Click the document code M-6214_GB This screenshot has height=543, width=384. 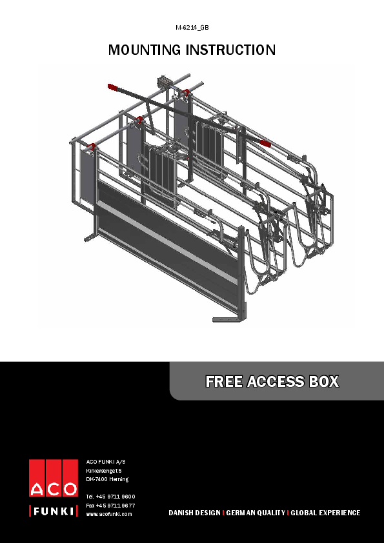pyautogui.click(x=192, y=28)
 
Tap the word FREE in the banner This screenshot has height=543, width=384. pyautogui.click(x=224, y=382)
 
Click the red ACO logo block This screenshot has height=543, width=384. pyautogui.click(x=54, y=478)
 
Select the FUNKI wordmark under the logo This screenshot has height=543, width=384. pyautogui.click(x=54, y=512)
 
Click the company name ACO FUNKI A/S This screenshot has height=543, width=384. pyautogui.click(x=106, y=461)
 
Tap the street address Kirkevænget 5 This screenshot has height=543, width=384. pyautogui.click(x=105, y=470)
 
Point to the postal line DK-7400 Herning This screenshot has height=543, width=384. pyautogui.click(x=107, y=479)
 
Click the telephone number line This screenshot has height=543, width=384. pyautogui.click(x=110, y=496)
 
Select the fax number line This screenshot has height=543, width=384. pyautogui.click(x=110, y=505)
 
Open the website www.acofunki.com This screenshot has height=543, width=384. pyautogui.click(x=109, y=514)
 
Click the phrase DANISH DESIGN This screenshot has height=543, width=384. pyautogui.click(x=194, y=513)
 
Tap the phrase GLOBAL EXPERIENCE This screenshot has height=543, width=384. pyautogui.click(x=325, y=513)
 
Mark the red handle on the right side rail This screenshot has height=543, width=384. pyautogui.click(x=264, y=141)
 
